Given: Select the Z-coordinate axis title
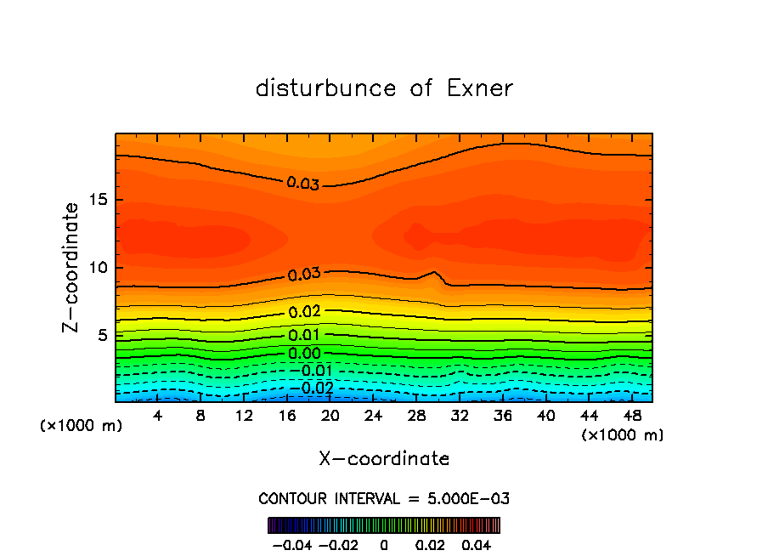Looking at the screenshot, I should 73,267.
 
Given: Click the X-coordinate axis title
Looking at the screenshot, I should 384,459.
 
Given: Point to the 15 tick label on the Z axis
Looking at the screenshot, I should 99,200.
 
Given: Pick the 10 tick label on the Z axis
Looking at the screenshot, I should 99,268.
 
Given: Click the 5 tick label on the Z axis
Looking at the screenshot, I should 103,335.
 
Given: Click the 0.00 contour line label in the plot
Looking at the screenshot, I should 303,354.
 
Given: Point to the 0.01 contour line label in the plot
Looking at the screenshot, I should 303,335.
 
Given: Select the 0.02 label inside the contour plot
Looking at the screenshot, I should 303,312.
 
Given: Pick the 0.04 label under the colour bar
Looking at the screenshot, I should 476,544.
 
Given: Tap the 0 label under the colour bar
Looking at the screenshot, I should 384,544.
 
